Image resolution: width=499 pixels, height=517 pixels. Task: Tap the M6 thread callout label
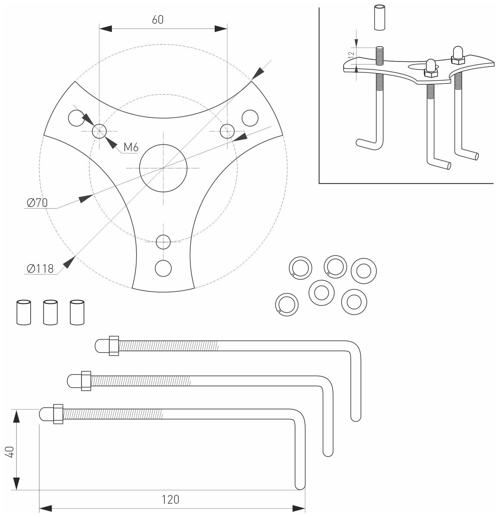tap(131, 148)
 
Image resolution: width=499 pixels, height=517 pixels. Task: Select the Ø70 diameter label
tap(37, 203)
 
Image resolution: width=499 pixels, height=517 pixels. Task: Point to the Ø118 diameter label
tap(40, 268)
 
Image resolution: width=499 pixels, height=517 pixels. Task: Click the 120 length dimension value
tap(171, 499)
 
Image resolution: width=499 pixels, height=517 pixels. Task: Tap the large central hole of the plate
tap(163, 168)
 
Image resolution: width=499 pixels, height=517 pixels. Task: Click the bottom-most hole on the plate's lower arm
tap(163, 268)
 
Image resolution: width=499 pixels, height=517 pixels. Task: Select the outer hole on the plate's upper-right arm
tap(250, 118)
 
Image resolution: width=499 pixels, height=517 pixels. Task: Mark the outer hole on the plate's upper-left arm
tap(77, 118)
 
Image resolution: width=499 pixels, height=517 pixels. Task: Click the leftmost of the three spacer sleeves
tap(24, 312)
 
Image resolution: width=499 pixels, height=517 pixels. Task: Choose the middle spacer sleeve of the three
tap(51, 312)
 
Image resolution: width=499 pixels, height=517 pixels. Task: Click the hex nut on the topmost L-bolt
tap(114, 346)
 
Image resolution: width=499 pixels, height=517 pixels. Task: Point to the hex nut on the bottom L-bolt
tap(58, 414)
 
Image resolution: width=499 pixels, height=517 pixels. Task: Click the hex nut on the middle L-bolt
tap(86, 381)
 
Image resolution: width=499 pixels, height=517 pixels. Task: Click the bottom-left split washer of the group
tap(287, 305)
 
